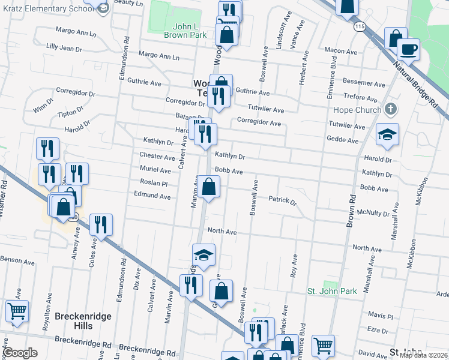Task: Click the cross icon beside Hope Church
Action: (x=391, y=109)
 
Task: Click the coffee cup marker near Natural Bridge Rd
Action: (x=408, y=49)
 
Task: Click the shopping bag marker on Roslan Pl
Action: (x=208, y=187)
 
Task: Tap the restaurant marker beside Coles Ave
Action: (x=101, y=225)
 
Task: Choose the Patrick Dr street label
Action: (x=282, y=200)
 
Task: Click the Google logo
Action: (x=20, y=353)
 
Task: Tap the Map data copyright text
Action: (x=424, y=355)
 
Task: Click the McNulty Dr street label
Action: (x=373, y=212)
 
